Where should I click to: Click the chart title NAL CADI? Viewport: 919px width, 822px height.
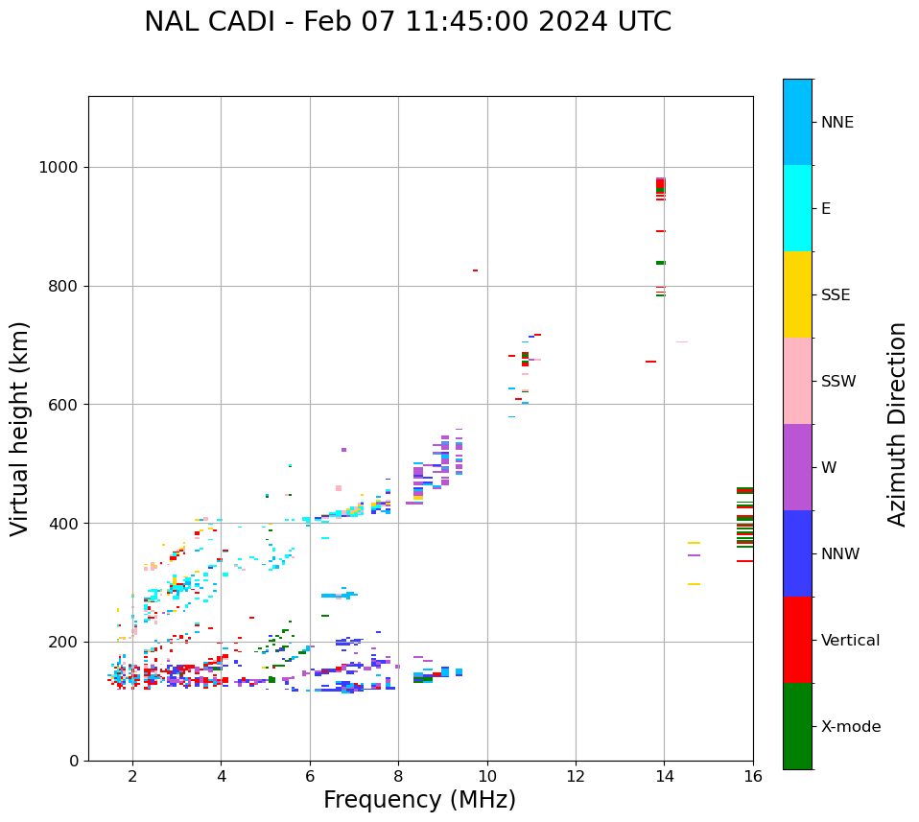click(x=408, y=22)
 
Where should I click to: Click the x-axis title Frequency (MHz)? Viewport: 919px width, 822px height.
click(x=419, y=800)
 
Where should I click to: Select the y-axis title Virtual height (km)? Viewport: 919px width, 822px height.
click(x=20, y=429)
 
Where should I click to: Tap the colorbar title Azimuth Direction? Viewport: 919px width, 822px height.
click(x=897, y=424)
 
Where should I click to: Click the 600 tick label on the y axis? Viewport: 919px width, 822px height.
click(x=68, y=405)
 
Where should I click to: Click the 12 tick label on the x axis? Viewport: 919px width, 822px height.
click(x=576, y=776)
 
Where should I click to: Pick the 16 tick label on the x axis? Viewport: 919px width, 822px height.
click(x=753, y=776)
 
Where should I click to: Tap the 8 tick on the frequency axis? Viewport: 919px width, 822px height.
click(x=398, y=776)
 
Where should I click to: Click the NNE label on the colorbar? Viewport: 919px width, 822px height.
click(x=837, y=123)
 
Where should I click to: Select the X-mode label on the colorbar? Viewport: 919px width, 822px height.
click(x=850, y=727)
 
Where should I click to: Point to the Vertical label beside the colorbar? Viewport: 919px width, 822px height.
click(x=850, y=641)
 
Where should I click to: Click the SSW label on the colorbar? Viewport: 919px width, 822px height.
click(x=838, y=382)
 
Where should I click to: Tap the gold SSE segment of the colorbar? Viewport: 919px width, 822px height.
click(x=797, y=294)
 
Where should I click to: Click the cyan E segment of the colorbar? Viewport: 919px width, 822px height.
click(x=797, y=208)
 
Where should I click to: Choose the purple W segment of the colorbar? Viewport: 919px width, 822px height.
click(x=797, y=467)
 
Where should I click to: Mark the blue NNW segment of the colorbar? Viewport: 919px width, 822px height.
click(x=797, y=553)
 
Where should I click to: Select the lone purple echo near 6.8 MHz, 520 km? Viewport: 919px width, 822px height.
click(x=343, y=450)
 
